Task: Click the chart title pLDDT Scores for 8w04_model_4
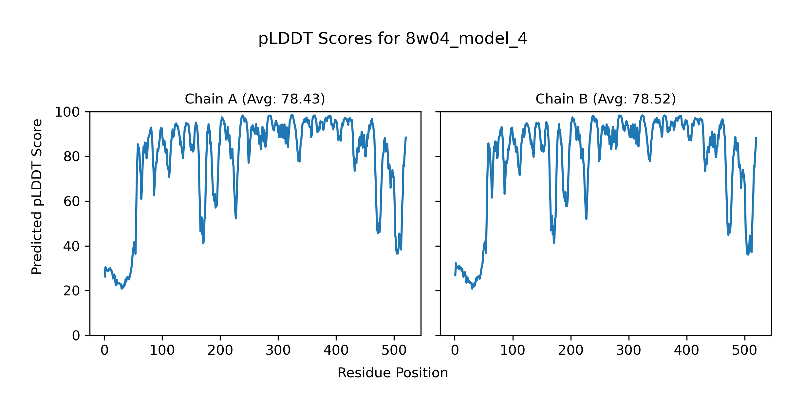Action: point(393,39)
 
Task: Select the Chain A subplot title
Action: point(255,99)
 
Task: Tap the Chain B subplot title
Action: point(606,99)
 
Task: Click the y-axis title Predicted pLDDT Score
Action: point(37,196)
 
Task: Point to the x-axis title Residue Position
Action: point(393,373)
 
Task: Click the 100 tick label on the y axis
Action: point(67,112)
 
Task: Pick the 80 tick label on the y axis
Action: point(72,157)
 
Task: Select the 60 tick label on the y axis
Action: point(72,201)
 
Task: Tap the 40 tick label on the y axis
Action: point(72,246)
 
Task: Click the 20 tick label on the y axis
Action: point(72,291)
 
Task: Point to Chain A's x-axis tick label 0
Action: point(104,350)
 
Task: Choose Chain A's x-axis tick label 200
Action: point(220,350)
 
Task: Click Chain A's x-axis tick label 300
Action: point(278,350)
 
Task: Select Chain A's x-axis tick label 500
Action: point(394,350)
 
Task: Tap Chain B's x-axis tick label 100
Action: point(513,350)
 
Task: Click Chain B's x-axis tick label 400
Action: point(686,350)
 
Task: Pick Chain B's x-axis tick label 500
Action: point(744,350)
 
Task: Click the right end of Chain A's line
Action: point(406,137)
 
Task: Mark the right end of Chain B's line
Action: point(756,138)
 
